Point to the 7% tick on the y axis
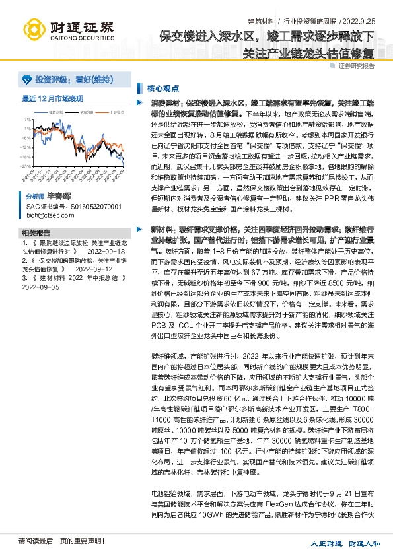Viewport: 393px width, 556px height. [26, 119]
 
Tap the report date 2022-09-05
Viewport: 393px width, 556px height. [41, 287]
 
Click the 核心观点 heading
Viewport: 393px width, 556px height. [161, 87]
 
